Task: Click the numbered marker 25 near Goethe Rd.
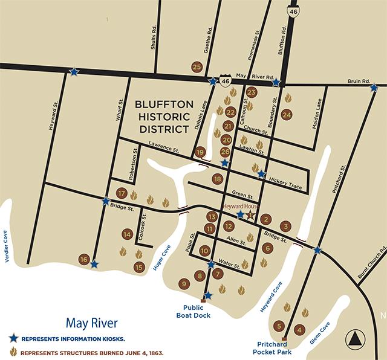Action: (x=196, y=67)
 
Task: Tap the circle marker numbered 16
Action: (x=84, y=259)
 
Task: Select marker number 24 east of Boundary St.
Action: (x=287, y=114)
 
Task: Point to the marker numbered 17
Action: (x=121, y=193)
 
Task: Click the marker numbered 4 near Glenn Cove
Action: (x=299, y=329)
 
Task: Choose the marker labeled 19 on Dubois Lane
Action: (x=200, y=152)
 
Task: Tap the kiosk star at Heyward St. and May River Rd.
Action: (x=74, y=71)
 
